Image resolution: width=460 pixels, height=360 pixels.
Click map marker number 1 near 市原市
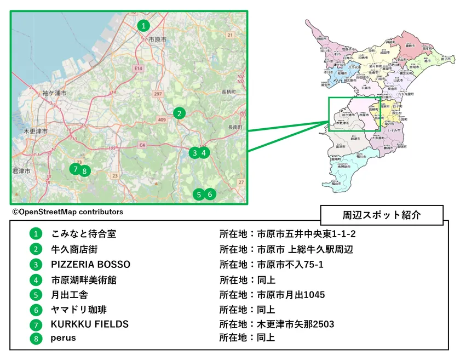143,25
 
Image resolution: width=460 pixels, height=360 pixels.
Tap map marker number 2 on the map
179,113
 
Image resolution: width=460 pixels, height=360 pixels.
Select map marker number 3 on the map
194,153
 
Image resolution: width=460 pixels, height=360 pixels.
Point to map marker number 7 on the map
74,169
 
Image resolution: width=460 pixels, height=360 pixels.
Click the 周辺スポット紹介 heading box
381,214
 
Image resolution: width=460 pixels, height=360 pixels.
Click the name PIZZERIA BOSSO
90,264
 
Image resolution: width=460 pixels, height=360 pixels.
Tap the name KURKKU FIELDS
90,324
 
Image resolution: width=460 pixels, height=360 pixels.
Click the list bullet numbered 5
36,294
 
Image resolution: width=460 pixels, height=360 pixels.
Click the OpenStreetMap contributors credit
67,212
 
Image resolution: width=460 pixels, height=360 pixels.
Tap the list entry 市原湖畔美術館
84,279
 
